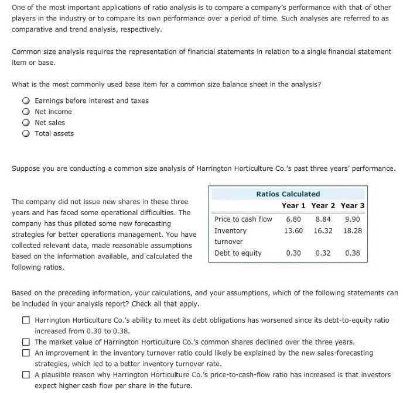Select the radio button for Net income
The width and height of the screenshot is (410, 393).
[x=25, y=112]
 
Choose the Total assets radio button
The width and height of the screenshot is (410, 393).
[x=25, y=133]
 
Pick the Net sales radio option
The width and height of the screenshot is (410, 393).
[x=25, y=123]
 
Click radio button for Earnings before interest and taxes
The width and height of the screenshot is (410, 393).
[x=25, y=101]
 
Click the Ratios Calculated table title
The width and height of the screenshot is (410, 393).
[x=288, y=194]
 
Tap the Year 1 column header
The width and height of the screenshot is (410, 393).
[x=293, y=205]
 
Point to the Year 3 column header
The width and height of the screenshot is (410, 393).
[x=353, y=205]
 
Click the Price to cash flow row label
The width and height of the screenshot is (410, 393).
[x=243, y=219]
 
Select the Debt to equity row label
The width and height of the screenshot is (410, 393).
[x=238, y=253]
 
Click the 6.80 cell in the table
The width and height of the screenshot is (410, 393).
[x=293, y=219]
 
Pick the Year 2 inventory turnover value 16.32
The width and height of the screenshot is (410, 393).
[x=323, y=230]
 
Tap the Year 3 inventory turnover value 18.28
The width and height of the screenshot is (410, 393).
[x=353, y=230]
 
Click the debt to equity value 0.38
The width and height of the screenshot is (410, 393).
[x=353, y=253]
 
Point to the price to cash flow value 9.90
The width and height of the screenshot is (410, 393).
[x=353, y=219]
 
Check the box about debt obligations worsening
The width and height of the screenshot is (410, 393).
[x=26, y=320]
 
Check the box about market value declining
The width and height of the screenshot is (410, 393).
[x=26, y=342]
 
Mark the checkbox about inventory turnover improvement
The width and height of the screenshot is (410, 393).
[x=26, y=353]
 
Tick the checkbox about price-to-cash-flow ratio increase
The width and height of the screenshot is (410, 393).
[x=26, y=375]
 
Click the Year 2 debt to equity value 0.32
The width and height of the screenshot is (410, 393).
[x=323, y=253]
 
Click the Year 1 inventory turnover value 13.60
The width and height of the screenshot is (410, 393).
[x=293, y=230]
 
